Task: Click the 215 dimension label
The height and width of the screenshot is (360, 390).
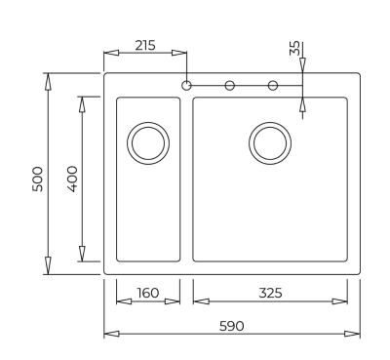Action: (144, 45)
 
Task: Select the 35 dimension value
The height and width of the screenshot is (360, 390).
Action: (294, 49)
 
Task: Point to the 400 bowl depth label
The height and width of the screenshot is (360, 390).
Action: (71, 179)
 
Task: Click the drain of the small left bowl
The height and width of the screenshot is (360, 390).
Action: (148, 142)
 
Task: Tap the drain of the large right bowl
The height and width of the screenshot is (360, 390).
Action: (270, 142)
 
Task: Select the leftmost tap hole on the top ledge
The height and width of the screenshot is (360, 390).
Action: (185, 85)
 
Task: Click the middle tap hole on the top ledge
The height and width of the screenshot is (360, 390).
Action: (230, 85)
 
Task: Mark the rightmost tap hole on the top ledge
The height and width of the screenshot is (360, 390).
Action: (273, 85)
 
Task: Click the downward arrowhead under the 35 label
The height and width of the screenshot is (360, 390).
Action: (302, 65)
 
